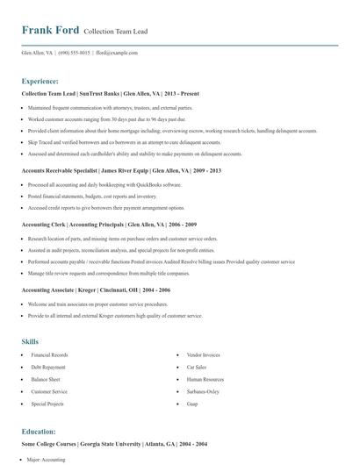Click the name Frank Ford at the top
pos(50,31)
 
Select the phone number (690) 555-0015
pos(74,53)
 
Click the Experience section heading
pos(40,80)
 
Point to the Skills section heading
pos(30,340)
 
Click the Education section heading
pos(39,431)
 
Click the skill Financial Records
pos(49,355)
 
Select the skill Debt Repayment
pos(48,368)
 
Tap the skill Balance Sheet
pos(46,380)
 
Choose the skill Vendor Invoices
pos(203,355)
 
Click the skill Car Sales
pos(196,368)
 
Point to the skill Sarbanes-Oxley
pos(203,392)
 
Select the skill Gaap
pos(192,404)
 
